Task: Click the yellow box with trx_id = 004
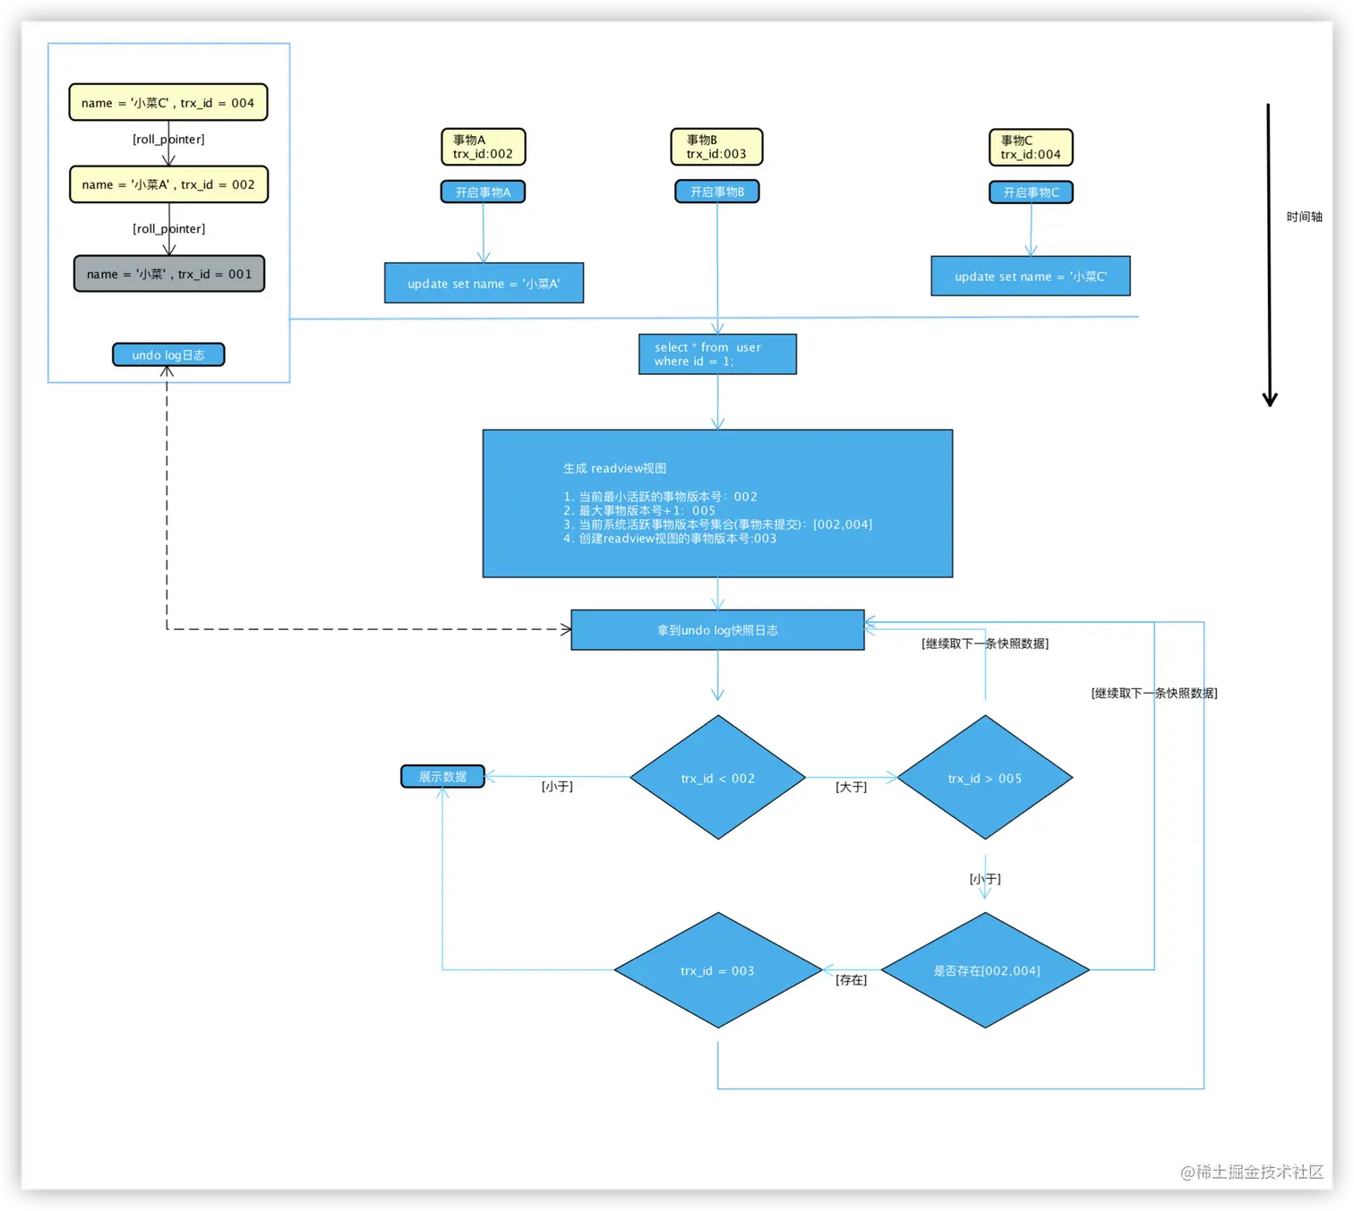tap(168, 102)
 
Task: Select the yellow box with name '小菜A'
tap(168, 184)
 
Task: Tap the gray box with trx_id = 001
tap(169, 273)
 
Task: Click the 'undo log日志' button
tap(168, 354)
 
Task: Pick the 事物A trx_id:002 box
tap(484, 147)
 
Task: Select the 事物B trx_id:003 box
tap(716, 147)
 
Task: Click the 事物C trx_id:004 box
tap(1031, 148)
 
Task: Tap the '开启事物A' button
tap(484, 192)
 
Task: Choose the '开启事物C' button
tap(1031, 192)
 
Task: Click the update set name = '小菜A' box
tap(484, 283)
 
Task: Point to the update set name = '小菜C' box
tap(1031, 276)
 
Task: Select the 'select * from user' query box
tap(717, 354)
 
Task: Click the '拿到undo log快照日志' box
tap(717, 630)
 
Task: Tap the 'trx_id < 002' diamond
tap(718, 778)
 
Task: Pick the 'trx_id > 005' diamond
tap(984, 778)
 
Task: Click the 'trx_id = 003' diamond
tap(718, 970)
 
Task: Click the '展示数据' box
tap(442, 776)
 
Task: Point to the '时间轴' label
tap(1304, 217)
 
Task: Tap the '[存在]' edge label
tap(851, 980)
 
